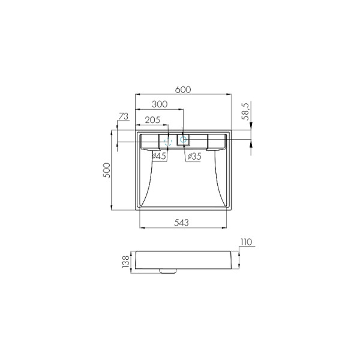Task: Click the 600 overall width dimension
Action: [x=183, y=89]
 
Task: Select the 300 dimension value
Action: [x=160, y=104]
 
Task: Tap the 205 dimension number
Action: [x=152, y=120]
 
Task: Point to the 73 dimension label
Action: [x=124, y=116]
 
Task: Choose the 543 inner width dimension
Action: [x=182, y=223]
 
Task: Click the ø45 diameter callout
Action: [x=159, y=156]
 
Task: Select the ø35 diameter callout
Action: [x=194, y=156]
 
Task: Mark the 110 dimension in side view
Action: [x=247, y=243]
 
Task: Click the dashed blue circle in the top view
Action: [x=169, y=142]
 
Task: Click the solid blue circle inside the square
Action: [x=184, y=141]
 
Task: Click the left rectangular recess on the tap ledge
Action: [x=149, y=141]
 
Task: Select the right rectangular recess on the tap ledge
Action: [x=216, y=141]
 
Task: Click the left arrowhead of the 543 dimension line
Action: [x=140, y=228]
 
